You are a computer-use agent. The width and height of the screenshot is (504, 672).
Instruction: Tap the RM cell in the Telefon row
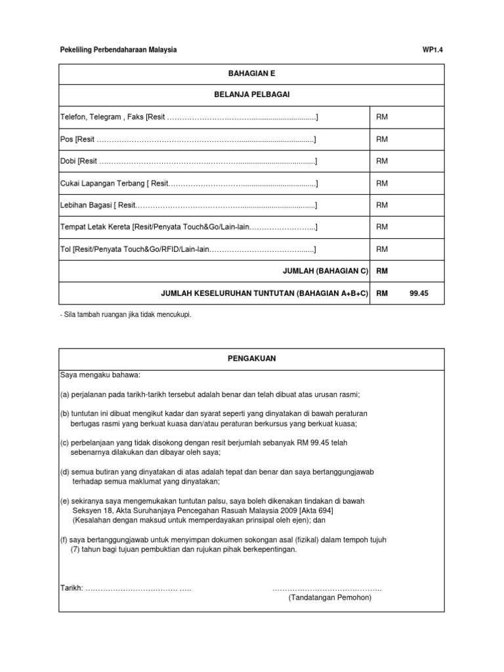382,117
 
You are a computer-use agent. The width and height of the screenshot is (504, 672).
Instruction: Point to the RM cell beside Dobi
382,161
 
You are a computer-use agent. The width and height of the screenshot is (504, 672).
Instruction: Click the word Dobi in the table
68,161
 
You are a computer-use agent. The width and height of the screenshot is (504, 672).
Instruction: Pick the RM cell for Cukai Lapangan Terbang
382,183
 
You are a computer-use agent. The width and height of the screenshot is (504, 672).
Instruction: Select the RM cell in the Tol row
382,249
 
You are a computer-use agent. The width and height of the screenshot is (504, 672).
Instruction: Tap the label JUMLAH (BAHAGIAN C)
324,271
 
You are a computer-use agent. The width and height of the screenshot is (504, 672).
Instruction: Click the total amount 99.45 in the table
418,294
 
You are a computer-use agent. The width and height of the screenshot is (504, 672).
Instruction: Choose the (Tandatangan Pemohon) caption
329,598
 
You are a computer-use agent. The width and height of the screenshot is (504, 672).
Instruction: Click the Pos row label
66,139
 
